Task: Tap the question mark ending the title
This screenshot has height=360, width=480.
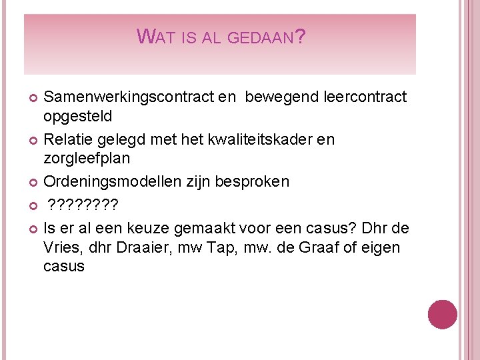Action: (x=300, y=37)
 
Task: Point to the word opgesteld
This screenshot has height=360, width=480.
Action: (x=78, y=116)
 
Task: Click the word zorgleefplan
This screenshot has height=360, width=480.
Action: (x=87, y=158)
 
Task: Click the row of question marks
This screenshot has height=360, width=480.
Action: (x=83, y=205)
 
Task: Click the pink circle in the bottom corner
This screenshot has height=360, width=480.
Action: (x=442, y=314)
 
